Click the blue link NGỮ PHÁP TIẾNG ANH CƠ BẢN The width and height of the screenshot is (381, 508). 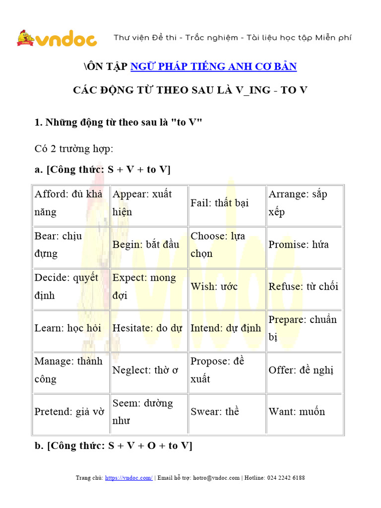[x=213, y=66]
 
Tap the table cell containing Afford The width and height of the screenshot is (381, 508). [x=70, y=203]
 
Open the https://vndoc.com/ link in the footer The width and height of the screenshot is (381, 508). [x=129, y=478]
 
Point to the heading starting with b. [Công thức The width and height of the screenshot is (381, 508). [x=113, y=445]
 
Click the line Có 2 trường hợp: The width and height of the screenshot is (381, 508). [x=74, y=149]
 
